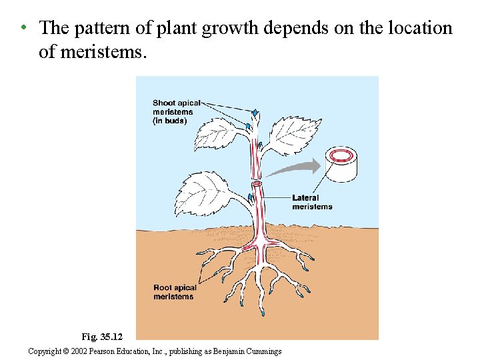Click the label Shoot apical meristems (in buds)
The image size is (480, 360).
(175, 112)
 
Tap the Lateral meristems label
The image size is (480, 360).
(311, 202)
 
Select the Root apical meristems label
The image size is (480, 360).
(175, 292)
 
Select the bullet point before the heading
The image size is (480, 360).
(23, 28)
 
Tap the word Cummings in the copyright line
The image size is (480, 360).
(265, 351)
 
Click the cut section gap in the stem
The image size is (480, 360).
(257, 183)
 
